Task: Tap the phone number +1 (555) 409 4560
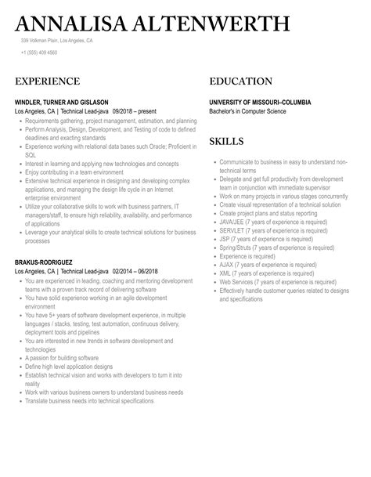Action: pos(38,53)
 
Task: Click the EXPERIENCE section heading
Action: pos(47,81)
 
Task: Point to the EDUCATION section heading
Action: pos(241,81)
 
